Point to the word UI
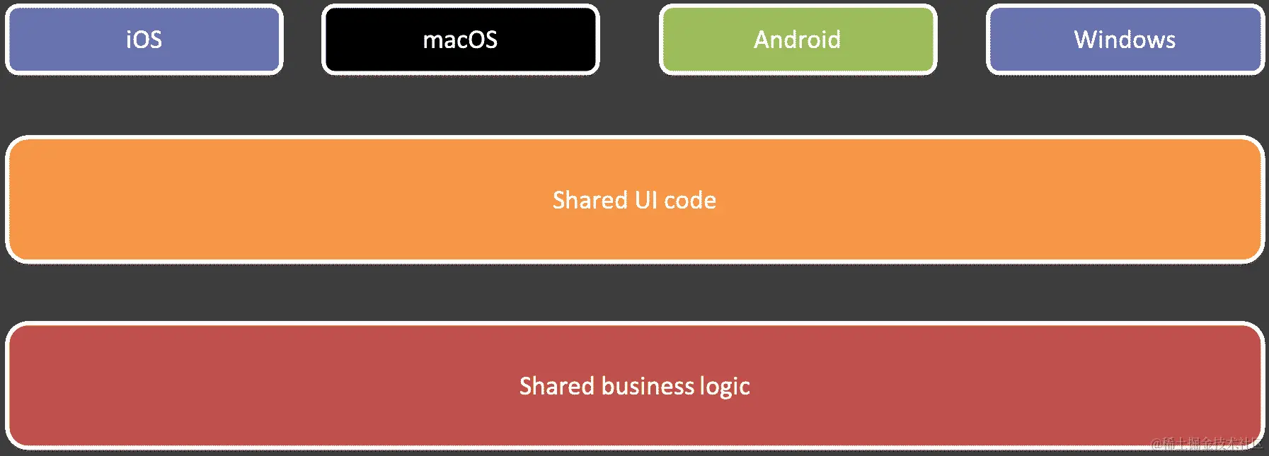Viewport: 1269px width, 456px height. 645,200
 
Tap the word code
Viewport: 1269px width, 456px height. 690,201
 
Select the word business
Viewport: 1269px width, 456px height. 648,386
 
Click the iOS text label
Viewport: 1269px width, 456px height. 144,40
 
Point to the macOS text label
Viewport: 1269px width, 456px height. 460,40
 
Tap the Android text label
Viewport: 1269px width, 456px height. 797,40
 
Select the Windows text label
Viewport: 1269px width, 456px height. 1125,40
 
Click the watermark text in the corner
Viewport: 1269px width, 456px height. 1206,443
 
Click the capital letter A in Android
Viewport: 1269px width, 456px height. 762,40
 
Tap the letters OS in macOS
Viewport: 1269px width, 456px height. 483,40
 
